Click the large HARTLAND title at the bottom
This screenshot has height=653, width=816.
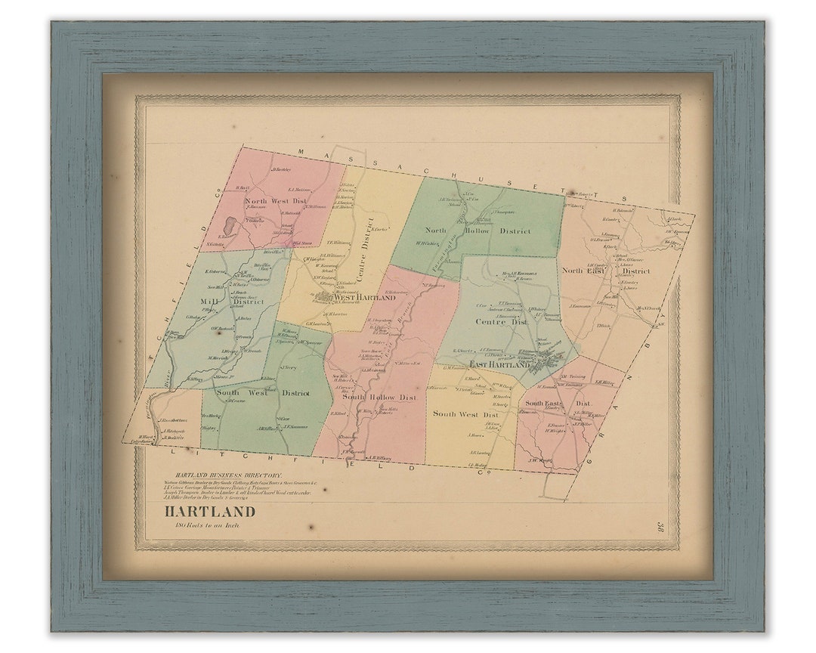click(210, 512)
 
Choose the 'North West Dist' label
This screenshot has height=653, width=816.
click(276, 201)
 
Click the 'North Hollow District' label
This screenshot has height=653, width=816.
click(478, 230)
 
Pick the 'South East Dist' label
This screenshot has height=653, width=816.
click(558, 404)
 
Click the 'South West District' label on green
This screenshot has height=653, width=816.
click(262, 393)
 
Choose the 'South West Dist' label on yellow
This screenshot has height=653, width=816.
click(465, 414)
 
